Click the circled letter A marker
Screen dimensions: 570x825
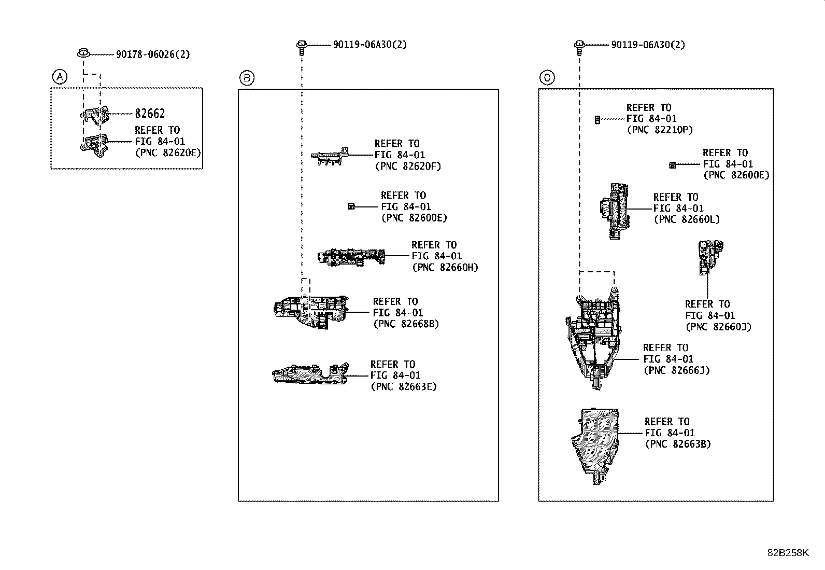point(60,77)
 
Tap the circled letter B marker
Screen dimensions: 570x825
point(247,78)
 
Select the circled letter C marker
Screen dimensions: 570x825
point(547,78)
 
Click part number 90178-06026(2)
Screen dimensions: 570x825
point(152,54)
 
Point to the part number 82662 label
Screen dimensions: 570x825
point(150,114)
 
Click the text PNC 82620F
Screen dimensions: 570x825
point(407,166)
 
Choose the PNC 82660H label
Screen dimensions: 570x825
point(445,268)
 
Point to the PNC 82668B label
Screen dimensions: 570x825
point(406,324)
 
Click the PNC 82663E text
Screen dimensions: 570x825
point(404,387)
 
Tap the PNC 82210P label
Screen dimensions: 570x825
point(659,130)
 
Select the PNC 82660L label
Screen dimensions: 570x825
point(687,219)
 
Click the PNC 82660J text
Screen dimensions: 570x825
point(718,327)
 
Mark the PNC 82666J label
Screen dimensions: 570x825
point(676,370)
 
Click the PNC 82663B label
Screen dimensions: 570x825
point(678,444)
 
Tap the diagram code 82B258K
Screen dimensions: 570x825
point(788,552)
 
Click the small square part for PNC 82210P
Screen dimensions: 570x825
point(598,119)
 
